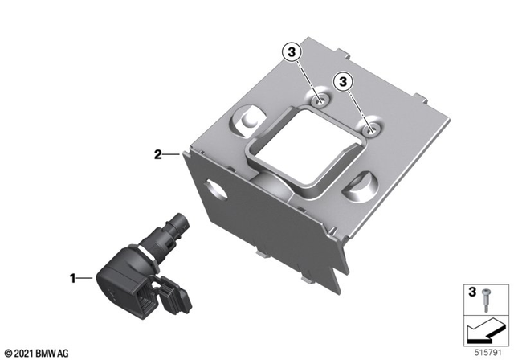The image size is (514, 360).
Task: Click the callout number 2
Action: [x=159, y=151]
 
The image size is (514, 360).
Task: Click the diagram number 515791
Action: [x=488, y=350]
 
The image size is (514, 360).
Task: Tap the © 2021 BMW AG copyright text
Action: [x=37, y=351]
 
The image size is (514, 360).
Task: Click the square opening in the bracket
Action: [x=307, y=140]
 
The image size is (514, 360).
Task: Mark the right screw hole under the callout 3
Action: [x=369, y=129]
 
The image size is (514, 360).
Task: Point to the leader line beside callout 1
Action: [x=87, y=279]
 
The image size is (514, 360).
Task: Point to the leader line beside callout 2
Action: [x=173, y=151]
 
